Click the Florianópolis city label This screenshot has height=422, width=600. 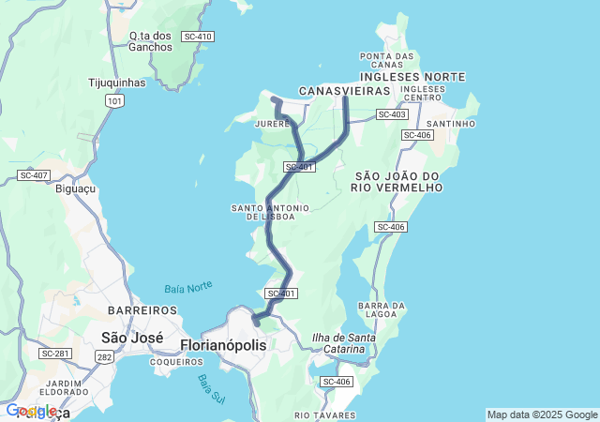pos(222,345)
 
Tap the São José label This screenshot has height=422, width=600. pos(132,338)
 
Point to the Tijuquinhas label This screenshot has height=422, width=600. pos(116,83)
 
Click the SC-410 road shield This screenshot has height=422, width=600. pos(199,36)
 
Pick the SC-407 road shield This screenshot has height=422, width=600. pos(33,175)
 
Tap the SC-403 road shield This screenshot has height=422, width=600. pos(392,114)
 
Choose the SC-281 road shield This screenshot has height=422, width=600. pos(54,354)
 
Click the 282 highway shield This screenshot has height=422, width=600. pos(103,357)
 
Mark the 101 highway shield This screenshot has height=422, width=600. pos(114,100)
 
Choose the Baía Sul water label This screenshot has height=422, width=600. pos(205,388)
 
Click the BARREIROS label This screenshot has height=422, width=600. pos(142,309)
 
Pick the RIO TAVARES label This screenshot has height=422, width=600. pos(324,414)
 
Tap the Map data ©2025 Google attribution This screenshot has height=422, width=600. pos(542,414)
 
